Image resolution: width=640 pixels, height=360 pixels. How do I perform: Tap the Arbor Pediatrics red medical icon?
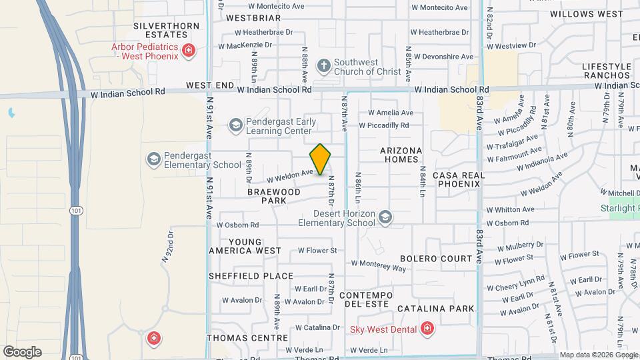[x=189, y=50]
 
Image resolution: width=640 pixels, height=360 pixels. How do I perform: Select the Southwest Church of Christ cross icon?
[x=323, y=65]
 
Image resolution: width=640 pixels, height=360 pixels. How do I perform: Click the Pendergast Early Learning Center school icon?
[x=235, y=125]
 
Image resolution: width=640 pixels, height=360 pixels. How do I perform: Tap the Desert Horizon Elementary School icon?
[x=385, y=217]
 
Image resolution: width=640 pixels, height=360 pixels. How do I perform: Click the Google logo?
[x=22, y=352]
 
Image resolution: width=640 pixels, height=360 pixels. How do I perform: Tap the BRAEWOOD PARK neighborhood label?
[x=273, y=196]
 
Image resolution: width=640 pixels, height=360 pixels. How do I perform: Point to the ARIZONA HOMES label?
[x=401, y=155]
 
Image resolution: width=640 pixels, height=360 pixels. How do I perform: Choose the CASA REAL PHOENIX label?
[x=457, y=179]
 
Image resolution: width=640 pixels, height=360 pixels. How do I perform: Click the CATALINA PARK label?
[x=436, y=309]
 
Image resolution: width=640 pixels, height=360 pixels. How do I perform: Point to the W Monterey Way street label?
[x=378, y=265]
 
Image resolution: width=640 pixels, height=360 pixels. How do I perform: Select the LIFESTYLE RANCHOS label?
[x=606, y=71]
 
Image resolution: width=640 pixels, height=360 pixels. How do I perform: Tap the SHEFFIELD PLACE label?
[x=251, y=276]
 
